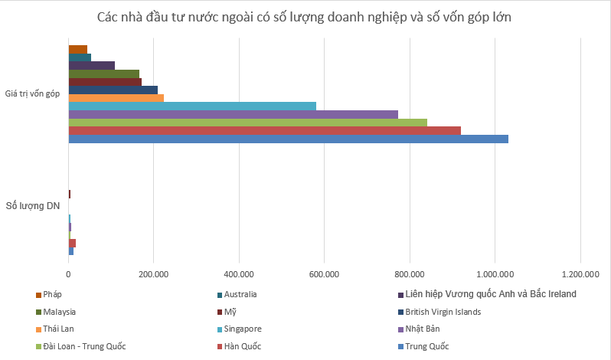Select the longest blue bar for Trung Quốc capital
point(288,139)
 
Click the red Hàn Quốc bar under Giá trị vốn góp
point(264,130)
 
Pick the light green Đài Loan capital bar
point(247,123)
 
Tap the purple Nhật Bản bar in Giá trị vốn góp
point(233,114)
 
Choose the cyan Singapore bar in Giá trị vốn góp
point(192,106)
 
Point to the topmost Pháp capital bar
point(77,49)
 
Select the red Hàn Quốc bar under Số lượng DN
point(72,243)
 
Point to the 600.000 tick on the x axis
point(324,273)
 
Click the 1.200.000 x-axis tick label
point(580,273)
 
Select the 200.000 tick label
point(153,273)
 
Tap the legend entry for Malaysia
point(60,312)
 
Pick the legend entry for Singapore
point(243,329)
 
